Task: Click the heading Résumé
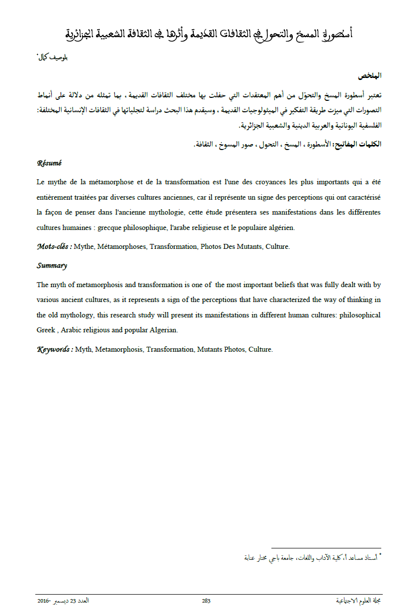pyautogui.click(x=49, y=163)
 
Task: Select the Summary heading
pyautogui.click(x=52, y=266)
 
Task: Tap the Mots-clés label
pyautogui.click(x=54, y=246)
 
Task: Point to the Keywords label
pyautogui.click(x=55, y=349)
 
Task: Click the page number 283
pyautogui.click(x=206, y=601)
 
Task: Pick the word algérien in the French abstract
pyautogui.click(x=280, y=228)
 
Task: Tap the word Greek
pyautogui.click(x=46, y=330)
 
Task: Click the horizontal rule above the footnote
pyautogui.click(x=326, y=548)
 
